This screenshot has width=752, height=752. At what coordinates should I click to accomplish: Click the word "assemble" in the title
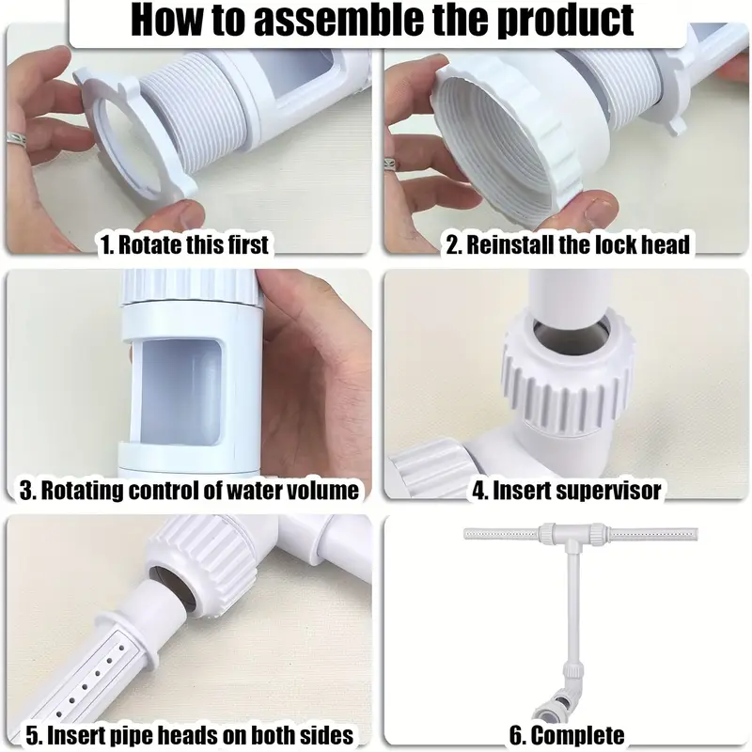pyautogui.click(x=338, y=20)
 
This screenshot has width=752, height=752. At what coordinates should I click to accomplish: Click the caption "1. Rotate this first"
pyautogui.click(x=184, y=244)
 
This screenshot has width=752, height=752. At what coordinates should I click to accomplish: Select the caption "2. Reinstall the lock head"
pyautogui.click(x=568, y=244)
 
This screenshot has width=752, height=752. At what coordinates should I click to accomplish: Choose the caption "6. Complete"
pyautogui.click(x=567, y=736)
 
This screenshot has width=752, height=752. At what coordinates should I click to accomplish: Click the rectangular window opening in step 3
pyautogui.click(x=180, y=390)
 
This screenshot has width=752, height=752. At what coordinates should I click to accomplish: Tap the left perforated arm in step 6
pyautogui.click(x=501, y=533)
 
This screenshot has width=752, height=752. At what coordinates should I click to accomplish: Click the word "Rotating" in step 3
pyautogui.click(x=81, y=490)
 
